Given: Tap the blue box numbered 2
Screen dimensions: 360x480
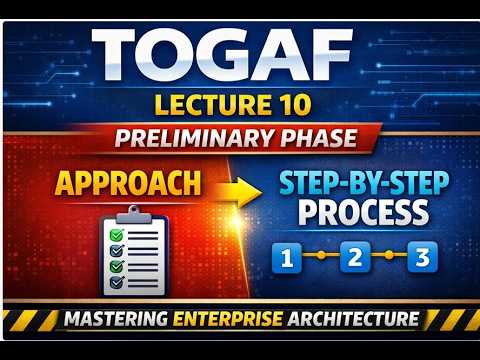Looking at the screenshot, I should [x=356, y=258].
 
